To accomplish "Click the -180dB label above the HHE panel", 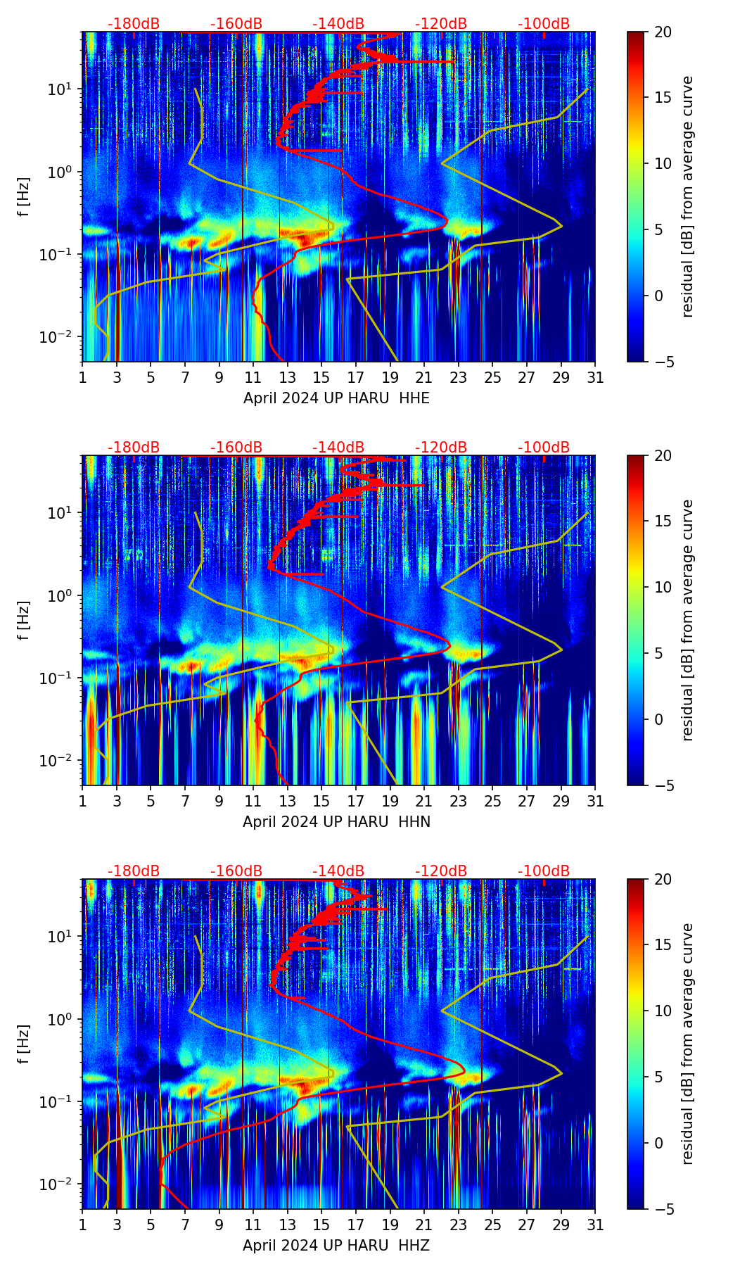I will [x=134, y=24].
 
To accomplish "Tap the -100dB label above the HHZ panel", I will [x=544, y=871].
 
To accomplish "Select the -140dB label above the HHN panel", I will [x=338, y=448].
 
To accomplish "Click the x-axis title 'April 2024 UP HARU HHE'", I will [x=336, y=398].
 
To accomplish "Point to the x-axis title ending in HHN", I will [x=336, y=822].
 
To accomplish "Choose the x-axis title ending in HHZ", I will [x=336, y=1246].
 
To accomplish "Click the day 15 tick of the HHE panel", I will [x=321, y=378].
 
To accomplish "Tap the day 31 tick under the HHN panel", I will [x=595, y=802].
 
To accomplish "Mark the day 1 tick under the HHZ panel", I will [x=83, y=1225].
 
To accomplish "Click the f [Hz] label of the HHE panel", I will [x=25, y=196].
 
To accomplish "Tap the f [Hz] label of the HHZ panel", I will [x=25, y=1044].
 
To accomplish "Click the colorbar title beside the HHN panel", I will [x=688, y=620].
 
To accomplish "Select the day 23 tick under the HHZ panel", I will [x=458, y=1225].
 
